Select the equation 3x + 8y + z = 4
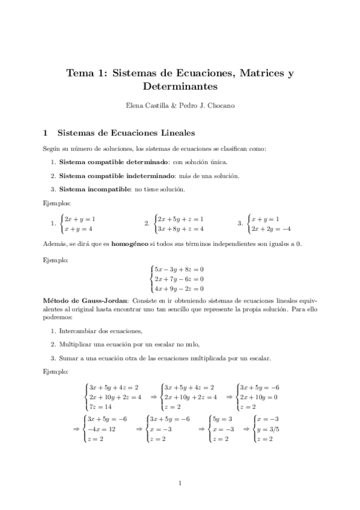click(x=180, y=229)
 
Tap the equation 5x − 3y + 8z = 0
click(x=179, y=269)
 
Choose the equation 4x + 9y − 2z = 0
click(x=179, y=289)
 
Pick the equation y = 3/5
click(x=267, y=430)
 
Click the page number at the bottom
click(x=180, y=483)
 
